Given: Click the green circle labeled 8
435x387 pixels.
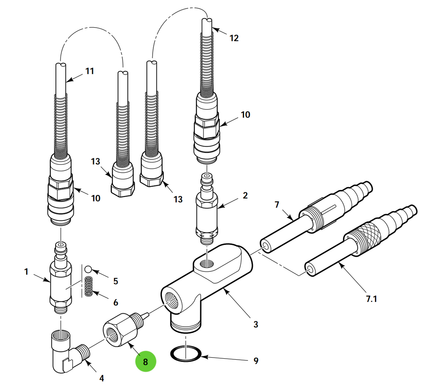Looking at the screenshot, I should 145,361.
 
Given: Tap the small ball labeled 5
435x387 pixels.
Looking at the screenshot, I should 89,269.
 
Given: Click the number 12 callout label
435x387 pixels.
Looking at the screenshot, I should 234,38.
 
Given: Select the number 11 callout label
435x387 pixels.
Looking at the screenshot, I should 90,71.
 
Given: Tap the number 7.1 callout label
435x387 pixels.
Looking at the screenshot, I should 371,299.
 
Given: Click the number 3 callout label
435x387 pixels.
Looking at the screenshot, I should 255,324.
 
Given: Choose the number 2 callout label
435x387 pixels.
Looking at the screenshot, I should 245,196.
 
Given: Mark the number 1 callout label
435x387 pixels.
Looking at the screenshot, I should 26,272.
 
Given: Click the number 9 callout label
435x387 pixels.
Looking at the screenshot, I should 256,361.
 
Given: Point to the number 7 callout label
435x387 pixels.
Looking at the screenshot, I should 277,205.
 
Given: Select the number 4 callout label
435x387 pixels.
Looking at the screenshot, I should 102,378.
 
